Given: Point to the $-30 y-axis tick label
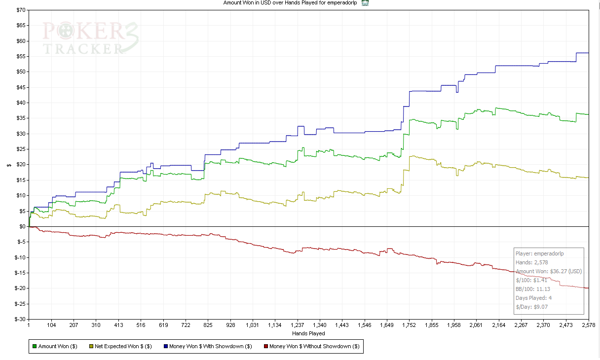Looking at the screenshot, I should (x=18, y=319).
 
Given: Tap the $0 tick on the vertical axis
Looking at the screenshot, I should (x=22, y=226).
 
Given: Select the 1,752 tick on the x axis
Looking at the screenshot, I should (x=409, y=325).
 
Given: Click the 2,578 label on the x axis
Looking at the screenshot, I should (x=589, y=325).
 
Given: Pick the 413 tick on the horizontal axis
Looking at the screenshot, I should (x=118, y=325).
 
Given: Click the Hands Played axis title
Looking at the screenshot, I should (x=308, y=334).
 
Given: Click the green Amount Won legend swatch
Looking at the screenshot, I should (x=35, y=346).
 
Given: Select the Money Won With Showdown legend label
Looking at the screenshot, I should (x=211, y=346).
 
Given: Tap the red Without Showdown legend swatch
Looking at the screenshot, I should (x=265, y=346).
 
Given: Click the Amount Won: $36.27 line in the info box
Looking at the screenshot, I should (x=549, y=271).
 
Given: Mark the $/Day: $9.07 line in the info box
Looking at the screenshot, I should (x=531, y=307).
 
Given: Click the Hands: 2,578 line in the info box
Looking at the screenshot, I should (x=532, y=262).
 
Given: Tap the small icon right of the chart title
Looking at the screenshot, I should (x=365, y=3).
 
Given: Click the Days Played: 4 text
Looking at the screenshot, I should (x=534, y=298).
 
